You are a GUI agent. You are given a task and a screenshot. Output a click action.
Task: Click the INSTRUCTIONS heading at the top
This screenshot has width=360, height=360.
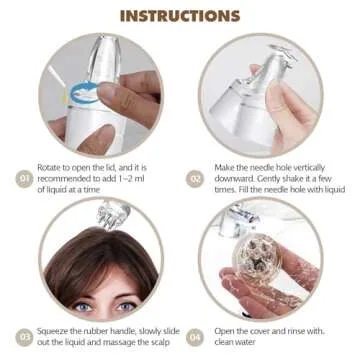tap(179, 16)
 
